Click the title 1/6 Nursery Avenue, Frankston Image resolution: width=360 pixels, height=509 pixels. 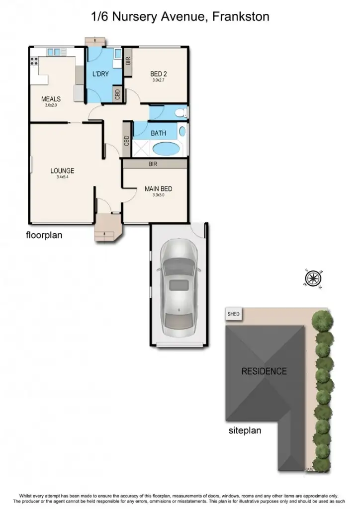[x=180, y=17]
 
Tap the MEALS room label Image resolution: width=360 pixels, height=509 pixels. [x=51, y=99]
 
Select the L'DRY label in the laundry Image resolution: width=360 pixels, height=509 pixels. [x=100, y=75]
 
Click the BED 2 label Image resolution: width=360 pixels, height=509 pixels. [x=159, y=75]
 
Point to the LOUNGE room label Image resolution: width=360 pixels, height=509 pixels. [x=62, y=171]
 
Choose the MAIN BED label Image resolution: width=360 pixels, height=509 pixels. [x=158, y=189]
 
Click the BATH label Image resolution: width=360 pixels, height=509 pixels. [x=158, y=133]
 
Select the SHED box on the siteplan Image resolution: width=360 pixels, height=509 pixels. [x=233, y=314]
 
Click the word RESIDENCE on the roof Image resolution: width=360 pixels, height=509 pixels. [x=264, y=371]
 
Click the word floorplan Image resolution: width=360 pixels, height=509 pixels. [x=44, y=235]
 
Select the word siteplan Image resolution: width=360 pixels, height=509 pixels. [x=245, y=430]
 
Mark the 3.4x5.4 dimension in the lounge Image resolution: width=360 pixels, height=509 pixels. [x=62, y=177]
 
